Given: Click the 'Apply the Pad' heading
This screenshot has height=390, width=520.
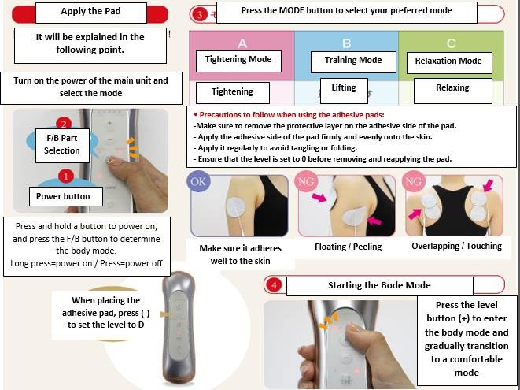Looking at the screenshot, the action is tap(90, 11).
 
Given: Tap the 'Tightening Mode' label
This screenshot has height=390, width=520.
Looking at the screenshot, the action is tap(238, 59).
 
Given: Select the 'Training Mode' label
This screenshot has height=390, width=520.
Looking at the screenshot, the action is tap(353, 60).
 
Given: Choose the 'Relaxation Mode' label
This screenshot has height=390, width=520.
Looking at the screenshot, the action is tap(448, 61).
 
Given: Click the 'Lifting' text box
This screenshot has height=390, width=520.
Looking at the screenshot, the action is tap(344, 87).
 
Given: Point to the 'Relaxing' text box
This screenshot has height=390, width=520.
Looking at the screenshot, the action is tap(452, 88).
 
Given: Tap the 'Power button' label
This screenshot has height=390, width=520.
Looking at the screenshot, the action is tap(63, 196).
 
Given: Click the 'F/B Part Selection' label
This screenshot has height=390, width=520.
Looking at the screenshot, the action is tap(62, 144).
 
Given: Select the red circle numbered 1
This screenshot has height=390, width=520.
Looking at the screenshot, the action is tap(65, 176).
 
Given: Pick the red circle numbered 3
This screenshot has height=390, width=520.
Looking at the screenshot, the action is tap(200, 15).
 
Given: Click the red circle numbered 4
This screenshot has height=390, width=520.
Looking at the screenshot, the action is tap(274, 285).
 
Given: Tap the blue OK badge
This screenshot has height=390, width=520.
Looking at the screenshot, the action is tap(198, 181).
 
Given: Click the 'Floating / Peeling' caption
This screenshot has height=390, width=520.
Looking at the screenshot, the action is tap(349, 247).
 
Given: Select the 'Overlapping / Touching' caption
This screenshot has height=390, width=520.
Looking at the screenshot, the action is tap(456, 246).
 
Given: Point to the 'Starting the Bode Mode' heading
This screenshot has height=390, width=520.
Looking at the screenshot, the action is tap(379, 285).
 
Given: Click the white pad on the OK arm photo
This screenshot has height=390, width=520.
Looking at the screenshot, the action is tap(238, 208).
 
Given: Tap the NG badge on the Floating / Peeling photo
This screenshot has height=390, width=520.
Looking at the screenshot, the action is tap(306, 181).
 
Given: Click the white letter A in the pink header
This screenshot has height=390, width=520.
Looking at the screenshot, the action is tap(242, 43).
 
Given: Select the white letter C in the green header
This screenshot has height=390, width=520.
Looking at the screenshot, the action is tap(451, 43).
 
